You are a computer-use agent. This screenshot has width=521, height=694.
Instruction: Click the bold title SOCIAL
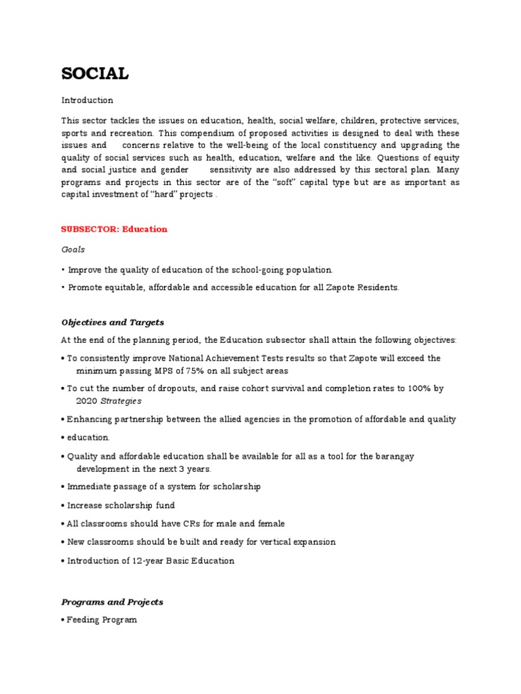(95, 74)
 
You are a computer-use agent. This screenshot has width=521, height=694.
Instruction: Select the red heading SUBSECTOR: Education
(114, 229)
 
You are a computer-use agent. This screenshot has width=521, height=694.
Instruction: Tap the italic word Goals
(73, 249)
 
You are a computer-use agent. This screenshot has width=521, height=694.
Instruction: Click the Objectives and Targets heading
(113, 322)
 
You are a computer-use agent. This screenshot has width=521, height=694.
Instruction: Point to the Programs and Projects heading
(112, 602)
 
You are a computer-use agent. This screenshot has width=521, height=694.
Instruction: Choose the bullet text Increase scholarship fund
(121, 506)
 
